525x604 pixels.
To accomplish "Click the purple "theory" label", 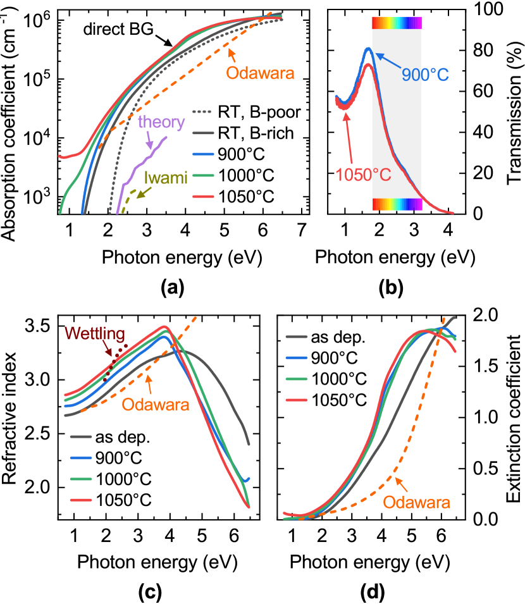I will (161, 122).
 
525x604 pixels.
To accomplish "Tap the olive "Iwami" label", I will (166, 178).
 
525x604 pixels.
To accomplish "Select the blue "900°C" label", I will (425, 75).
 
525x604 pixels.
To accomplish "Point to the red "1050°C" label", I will (363, 175).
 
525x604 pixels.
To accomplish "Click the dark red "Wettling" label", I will (95, 334).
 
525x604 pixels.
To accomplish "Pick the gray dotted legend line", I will (202, 112).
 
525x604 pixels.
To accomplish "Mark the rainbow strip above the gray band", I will (397, 23).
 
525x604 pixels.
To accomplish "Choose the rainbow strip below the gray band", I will (397, 204).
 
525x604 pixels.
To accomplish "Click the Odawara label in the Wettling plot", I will (156, 405).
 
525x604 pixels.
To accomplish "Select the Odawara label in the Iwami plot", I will (260, 73).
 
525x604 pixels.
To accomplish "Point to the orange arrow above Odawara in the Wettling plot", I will (149, 385).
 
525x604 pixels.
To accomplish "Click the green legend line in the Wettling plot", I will (81, 479).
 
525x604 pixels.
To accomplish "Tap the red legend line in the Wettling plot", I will (81, 500).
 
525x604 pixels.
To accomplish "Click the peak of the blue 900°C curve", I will (367, 49).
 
